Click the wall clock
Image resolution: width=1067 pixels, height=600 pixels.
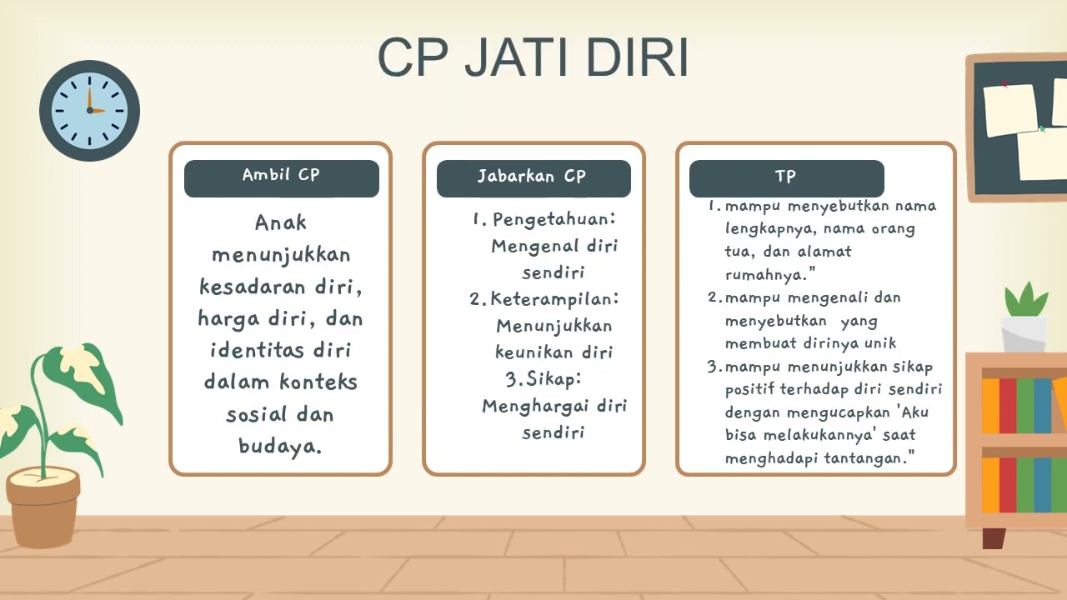(x=89, y=110)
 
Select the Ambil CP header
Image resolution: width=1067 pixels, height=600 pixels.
(x=281, y=176)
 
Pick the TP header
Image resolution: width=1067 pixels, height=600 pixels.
(x=785, y=177)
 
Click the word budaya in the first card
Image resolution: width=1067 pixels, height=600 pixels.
(x=279, y=446)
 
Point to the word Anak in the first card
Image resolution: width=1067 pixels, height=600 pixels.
(x=281, y=222)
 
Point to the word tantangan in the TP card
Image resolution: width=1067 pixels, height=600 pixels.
(x=863, y=458)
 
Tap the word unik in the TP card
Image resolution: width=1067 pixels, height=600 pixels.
(x=880, y=342)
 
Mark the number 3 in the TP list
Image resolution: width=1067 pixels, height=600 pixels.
(x=713, y=367)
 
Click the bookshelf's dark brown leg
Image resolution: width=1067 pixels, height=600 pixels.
(x=993, y=537)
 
